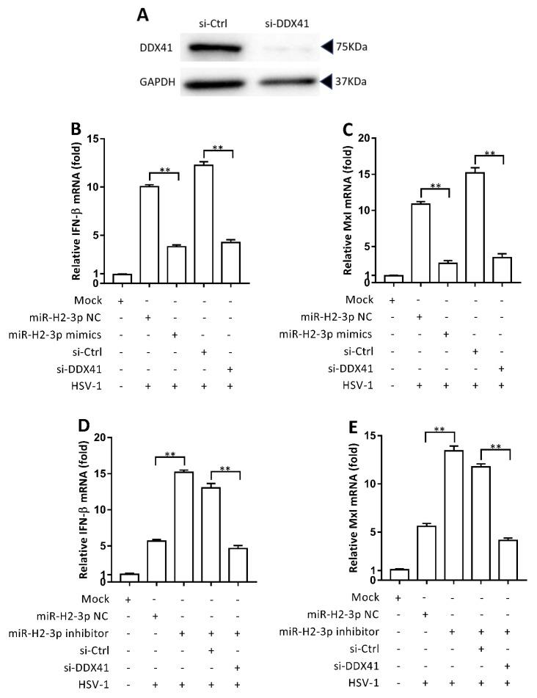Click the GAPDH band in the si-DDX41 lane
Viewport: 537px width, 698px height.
(x=283, y=81)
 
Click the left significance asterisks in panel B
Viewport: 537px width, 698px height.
(x=165, y=170)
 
